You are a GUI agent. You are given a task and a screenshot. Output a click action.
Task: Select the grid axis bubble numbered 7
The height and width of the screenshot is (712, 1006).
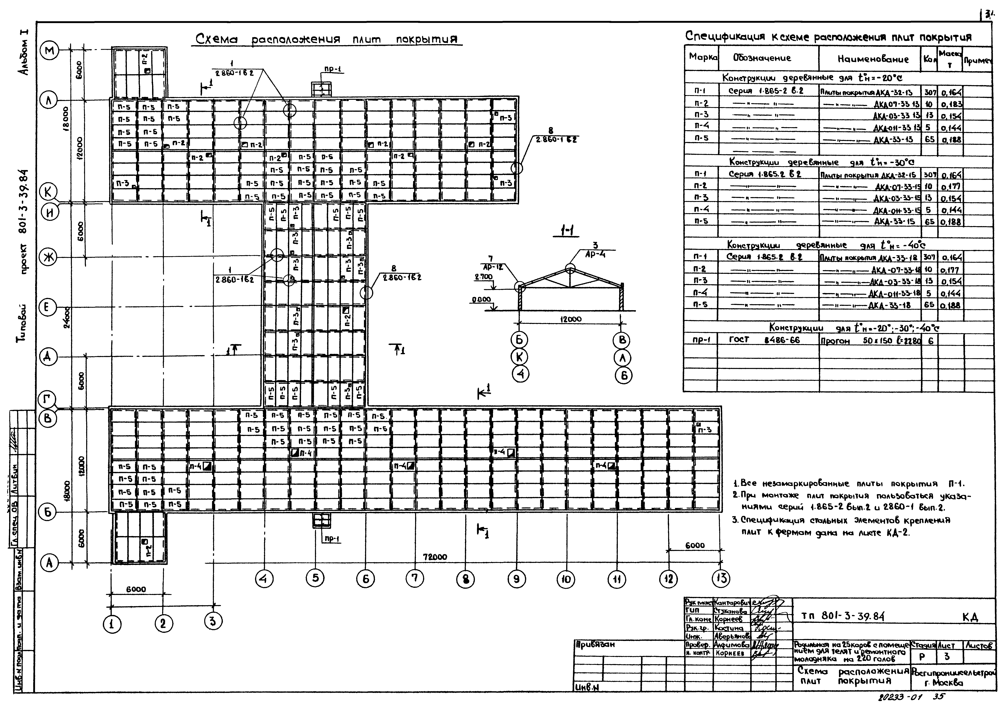[415, 579]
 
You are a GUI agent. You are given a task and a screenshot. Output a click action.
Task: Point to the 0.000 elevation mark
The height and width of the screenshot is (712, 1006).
[481, 299]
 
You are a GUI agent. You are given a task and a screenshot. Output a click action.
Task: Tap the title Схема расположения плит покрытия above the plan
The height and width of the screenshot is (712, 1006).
[327, 40]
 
